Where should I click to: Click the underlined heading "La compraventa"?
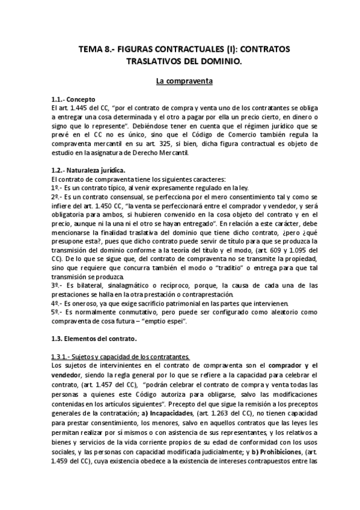pyautogui.click(x=180, y=80)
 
